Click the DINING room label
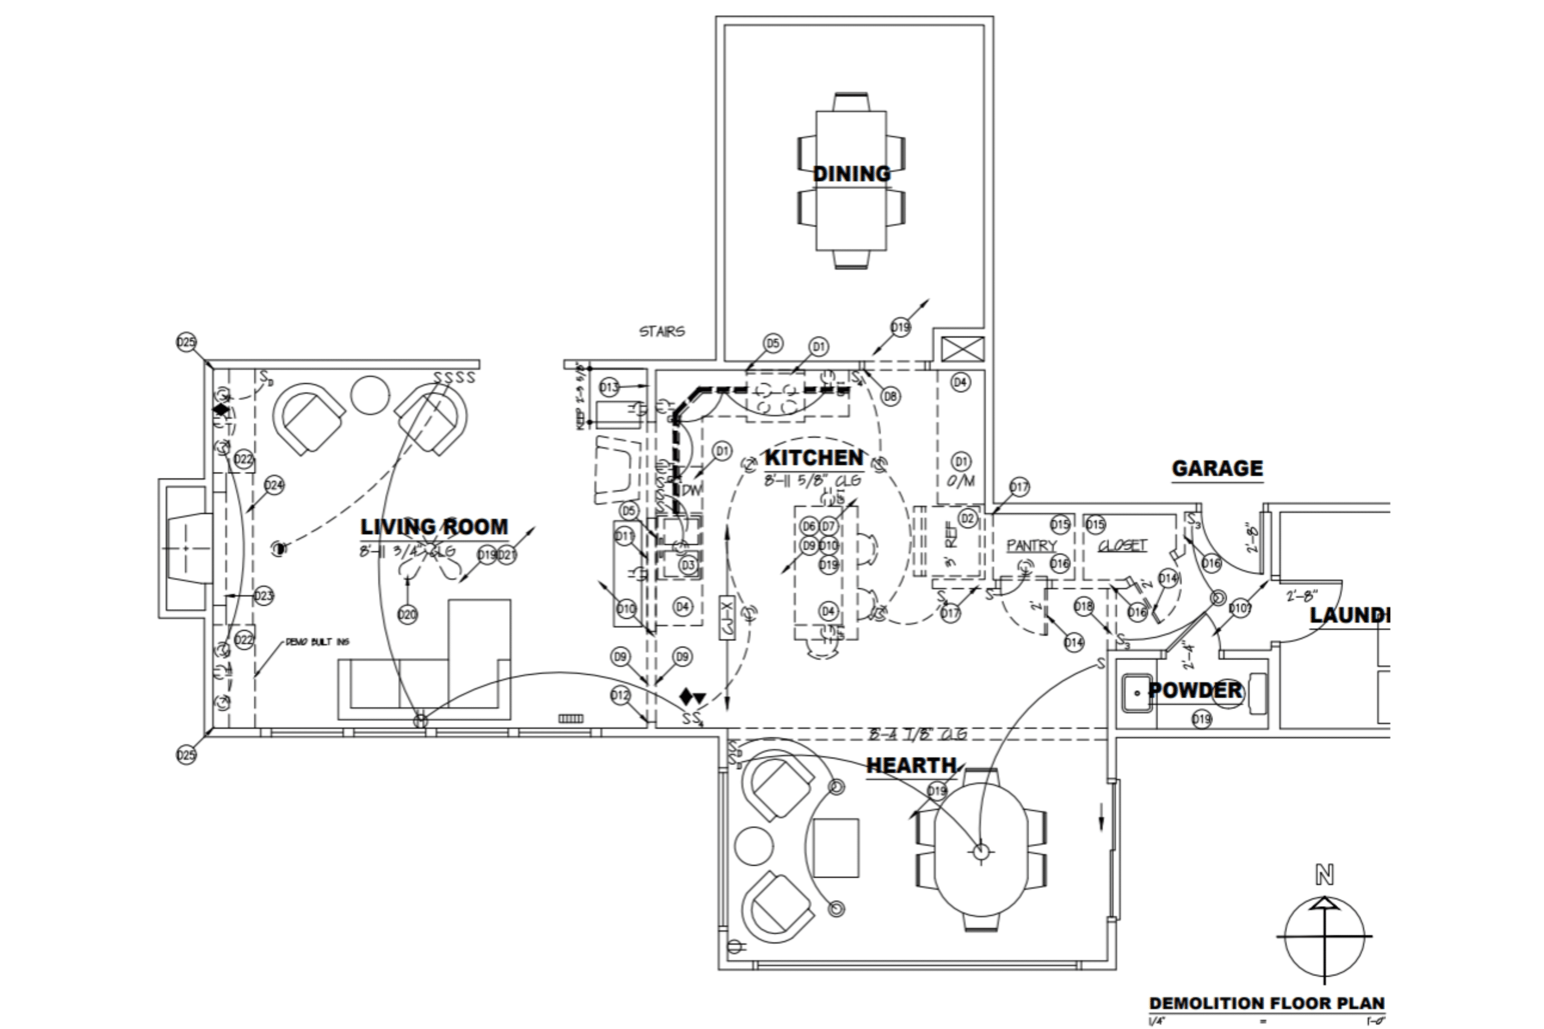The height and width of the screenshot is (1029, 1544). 852,174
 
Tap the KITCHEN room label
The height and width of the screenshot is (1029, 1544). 814,458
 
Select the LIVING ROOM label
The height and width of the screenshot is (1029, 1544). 434,527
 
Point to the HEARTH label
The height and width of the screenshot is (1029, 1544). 911,765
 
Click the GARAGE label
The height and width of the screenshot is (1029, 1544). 1217,468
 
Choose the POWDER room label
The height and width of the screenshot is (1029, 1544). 1195,690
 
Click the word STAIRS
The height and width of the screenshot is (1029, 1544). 662,332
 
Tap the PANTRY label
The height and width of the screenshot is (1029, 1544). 1031,546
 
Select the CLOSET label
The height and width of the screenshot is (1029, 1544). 1122,546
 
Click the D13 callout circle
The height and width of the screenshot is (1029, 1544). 609,388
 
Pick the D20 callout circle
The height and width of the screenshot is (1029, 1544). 408,615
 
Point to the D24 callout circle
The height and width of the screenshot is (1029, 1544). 274,486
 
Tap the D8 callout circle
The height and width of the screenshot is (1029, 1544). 890,397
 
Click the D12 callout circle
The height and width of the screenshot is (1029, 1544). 621,696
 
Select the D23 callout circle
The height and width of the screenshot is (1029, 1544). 263,596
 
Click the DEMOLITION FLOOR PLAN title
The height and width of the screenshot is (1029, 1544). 1267,1004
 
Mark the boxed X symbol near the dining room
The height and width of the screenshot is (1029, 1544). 963,349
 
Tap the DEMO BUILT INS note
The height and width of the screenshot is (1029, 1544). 318,642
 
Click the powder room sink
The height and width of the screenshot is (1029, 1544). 1137,693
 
